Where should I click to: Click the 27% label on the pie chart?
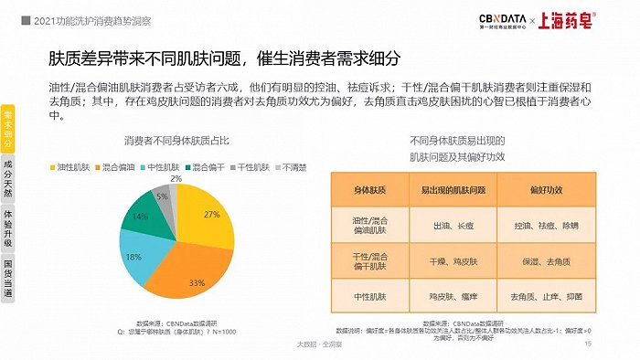pyautogui.click(x=211, y=214)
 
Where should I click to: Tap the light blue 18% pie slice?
pyautogui.click(x=134, y=259)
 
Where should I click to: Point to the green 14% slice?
pyautogui.click(x=140, y=217)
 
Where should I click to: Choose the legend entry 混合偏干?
pyautogui.click(x=207, y=168)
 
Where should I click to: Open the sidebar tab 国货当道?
pyautogui.click(x=9, y=281)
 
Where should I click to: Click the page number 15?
pyautogui.click(x=588, y=344)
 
